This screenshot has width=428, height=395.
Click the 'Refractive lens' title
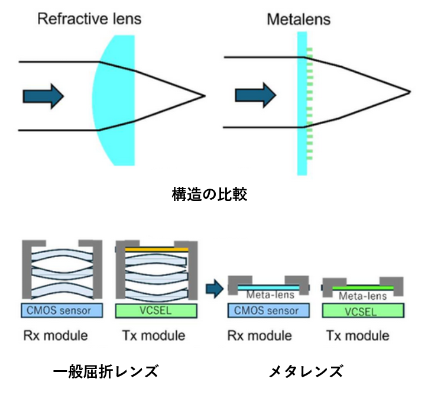click(89, 18)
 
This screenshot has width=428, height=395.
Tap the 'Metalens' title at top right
click(299, 18)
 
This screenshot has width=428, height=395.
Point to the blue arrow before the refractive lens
click(43, 95)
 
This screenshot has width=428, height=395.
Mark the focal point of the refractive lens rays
click(205, 95)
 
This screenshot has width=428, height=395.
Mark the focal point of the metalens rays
click(409, 92)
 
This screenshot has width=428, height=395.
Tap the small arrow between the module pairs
click(214, 289)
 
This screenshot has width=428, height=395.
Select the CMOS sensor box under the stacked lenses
click(62, 310)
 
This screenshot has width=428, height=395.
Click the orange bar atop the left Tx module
click(157, 250)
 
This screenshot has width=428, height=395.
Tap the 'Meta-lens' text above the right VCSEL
click(359, 296)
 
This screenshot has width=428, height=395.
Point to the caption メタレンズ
click(306, 371)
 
